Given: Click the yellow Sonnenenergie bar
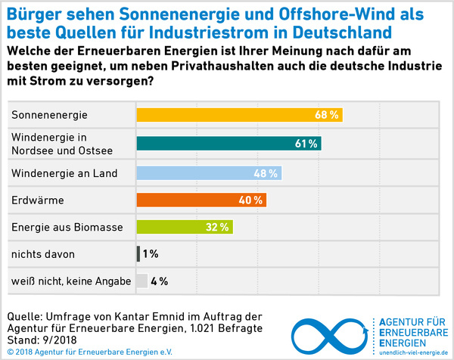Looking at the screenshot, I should (238, 116).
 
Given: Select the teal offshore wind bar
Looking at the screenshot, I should (228, 144).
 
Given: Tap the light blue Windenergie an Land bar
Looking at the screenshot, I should (208, 173).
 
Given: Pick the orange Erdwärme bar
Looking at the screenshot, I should (201, 200).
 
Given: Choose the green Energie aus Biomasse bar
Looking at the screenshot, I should (184, 227).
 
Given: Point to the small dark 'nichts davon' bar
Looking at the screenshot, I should (138, 254).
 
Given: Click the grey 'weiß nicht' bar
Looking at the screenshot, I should (141, 281).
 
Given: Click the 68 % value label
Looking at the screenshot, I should (327, 116).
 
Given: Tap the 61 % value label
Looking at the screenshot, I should (306, 144).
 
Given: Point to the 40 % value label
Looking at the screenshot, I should (251, 200).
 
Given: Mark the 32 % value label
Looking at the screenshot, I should (218, 227).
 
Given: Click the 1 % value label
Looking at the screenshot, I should (150, 254).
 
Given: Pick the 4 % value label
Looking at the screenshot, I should (159, 281).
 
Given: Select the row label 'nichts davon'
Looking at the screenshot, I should (43, 254).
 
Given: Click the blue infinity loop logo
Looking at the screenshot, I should (330, 330).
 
